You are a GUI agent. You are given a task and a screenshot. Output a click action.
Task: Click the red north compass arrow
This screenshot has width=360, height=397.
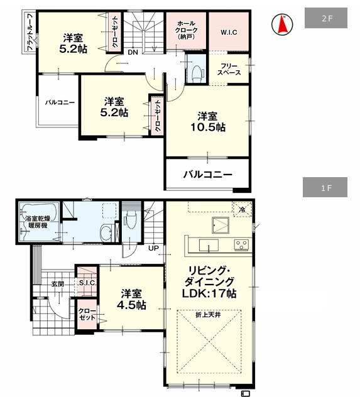pos(282,24)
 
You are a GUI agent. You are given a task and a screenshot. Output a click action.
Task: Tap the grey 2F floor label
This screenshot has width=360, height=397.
pos(326,18)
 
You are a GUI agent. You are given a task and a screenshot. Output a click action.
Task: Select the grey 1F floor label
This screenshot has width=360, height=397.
pos(325,187)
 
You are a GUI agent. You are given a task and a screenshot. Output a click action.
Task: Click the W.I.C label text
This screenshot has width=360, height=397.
pos(229,33)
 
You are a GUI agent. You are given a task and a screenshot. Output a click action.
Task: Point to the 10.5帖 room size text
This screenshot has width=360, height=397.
pos(207,128)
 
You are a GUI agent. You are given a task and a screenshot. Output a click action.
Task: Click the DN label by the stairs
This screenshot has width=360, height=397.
pos(133,52)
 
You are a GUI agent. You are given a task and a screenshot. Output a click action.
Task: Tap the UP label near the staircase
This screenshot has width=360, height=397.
pos(153,248)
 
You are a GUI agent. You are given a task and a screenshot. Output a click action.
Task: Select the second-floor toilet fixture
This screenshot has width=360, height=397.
pos(197,73)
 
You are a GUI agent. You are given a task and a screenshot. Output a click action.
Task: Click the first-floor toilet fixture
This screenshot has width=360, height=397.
pos(131,220)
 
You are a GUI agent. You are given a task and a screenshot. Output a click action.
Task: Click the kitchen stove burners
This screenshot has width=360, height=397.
pos(241,245)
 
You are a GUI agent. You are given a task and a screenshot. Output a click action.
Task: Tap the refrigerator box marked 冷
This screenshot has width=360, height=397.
pos(243,209)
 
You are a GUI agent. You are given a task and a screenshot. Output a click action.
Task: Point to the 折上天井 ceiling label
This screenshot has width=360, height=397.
pos(208,315)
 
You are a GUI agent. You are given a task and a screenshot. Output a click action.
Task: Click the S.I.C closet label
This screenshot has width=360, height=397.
pos(87,283)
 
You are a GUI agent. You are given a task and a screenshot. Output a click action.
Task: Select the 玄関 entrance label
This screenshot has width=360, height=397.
pos(58,284)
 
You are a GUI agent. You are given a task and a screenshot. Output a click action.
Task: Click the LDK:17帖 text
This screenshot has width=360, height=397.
pos(209,294)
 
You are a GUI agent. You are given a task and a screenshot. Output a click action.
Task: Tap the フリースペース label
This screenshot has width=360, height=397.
pos(229,69)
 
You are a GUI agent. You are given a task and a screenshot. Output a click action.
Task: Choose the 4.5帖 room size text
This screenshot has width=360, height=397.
pos(131,305)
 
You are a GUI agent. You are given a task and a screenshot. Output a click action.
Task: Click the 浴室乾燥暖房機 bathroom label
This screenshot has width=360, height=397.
pos(38,222)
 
